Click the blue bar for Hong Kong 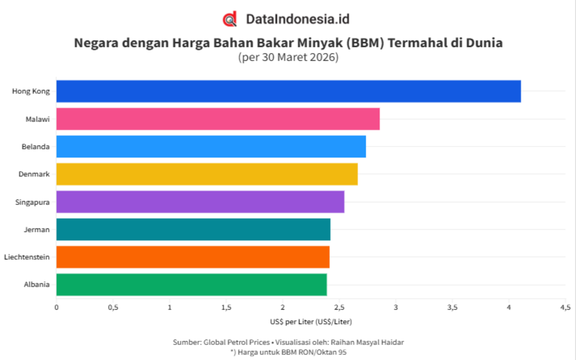coord(288,91)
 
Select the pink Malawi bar coord(218,119)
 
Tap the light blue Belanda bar coord(211,146)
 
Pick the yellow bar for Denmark coord(206,174)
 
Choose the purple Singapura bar coord(200,202)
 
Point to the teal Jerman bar coord(193,229)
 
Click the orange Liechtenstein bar coord(193,257)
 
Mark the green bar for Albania coord(191,284)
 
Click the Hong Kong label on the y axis coord(31,91)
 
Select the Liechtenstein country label coord(26,257)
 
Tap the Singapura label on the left coord(32,202)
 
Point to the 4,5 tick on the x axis coord(565,307)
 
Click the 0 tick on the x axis coord(56,307)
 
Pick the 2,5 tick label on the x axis coord(339,307)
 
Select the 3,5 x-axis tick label coord(452,307)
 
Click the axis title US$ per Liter coord(311,322)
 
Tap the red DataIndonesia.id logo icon coord(230,19)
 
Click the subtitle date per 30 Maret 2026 coord(288,58)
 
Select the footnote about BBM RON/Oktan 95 coord(288,352)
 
